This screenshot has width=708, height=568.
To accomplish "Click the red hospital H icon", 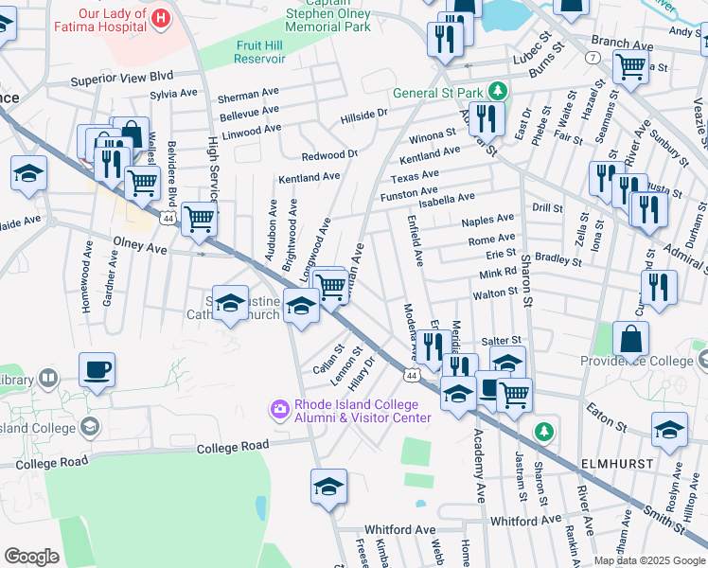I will click(160, 17).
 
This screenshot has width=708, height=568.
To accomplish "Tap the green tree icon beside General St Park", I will click(495, 92).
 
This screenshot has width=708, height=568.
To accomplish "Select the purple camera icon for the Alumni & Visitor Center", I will click(279, 409).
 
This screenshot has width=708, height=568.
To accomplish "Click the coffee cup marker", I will click(97, 369).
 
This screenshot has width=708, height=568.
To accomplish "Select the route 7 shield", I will click(592, 58).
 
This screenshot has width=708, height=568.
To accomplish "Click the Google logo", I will click(32, 556).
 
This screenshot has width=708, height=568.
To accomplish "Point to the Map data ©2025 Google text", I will click(648, 560).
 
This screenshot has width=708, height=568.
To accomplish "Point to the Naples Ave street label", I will click(487, 220).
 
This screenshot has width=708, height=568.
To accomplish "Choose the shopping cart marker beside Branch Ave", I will click(629, 66).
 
